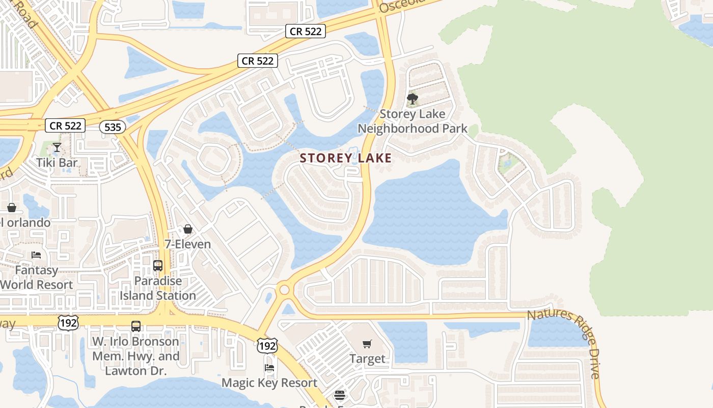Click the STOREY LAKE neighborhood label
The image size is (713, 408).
[346, 158]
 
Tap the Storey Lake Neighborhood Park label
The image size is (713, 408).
[413, 121]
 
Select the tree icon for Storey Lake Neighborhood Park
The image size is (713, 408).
[413, 98]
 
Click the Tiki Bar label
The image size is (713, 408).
[57, 163]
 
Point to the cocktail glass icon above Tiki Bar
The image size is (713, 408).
[57, 148]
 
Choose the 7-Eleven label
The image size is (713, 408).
[187, 244]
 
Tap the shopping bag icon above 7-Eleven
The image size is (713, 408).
[188, 229]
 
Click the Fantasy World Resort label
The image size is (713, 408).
[37, 277]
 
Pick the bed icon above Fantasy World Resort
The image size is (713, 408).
[36, 254]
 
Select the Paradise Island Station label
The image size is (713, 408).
[158, 288]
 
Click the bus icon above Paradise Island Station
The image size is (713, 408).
[158, 266]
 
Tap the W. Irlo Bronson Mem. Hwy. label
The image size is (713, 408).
[135, 356]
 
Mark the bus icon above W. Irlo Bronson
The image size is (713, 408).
[136, 326]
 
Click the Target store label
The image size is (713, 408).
[367, 359]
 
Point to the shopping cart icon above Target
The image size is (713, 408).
[367, 344]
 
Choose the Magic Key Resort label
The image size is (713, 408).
[269, 382]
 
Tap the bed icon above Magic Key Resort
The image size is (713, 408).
[269, 367]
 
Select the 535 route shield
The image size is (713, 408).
[112, 127]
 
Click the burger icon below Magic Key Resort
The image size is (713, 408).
[340, 395]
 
